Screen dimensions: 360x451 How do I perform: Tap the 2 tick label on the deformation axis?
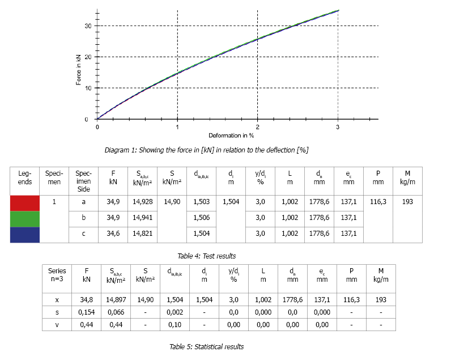[258, 127]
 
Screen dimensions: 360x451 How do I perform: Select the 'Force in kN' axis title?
[78, 69]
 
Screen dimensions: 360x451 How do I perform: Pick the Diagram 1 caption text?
[206, 150]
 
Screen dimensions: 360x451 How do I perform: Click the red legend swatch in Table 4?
[25, 202]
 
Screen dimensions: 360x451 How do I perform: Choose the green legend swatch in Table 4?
[25, 218]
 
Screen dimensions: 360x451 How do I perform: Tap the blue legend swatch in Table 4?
[25, 234]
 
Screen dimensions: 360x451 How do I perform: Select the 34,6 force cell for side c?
[113, 234]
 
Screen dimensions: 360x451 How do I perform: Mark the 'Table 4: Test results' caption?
[206, 256]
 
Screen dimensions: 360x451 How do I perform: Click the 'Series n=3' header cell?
[57, 275]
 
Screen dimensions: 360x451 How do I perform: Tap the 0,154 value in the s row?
[87, 312]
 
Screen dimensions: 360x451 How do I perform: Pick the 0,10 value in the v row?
[175, 324]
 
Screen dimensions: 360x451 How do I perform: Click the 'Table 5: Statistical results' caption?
[206, 346]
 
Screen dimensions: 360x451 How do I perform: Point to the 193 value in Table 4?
[407, 201]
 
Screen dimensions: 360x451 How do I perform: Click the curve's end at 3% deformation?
[338, 10]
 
